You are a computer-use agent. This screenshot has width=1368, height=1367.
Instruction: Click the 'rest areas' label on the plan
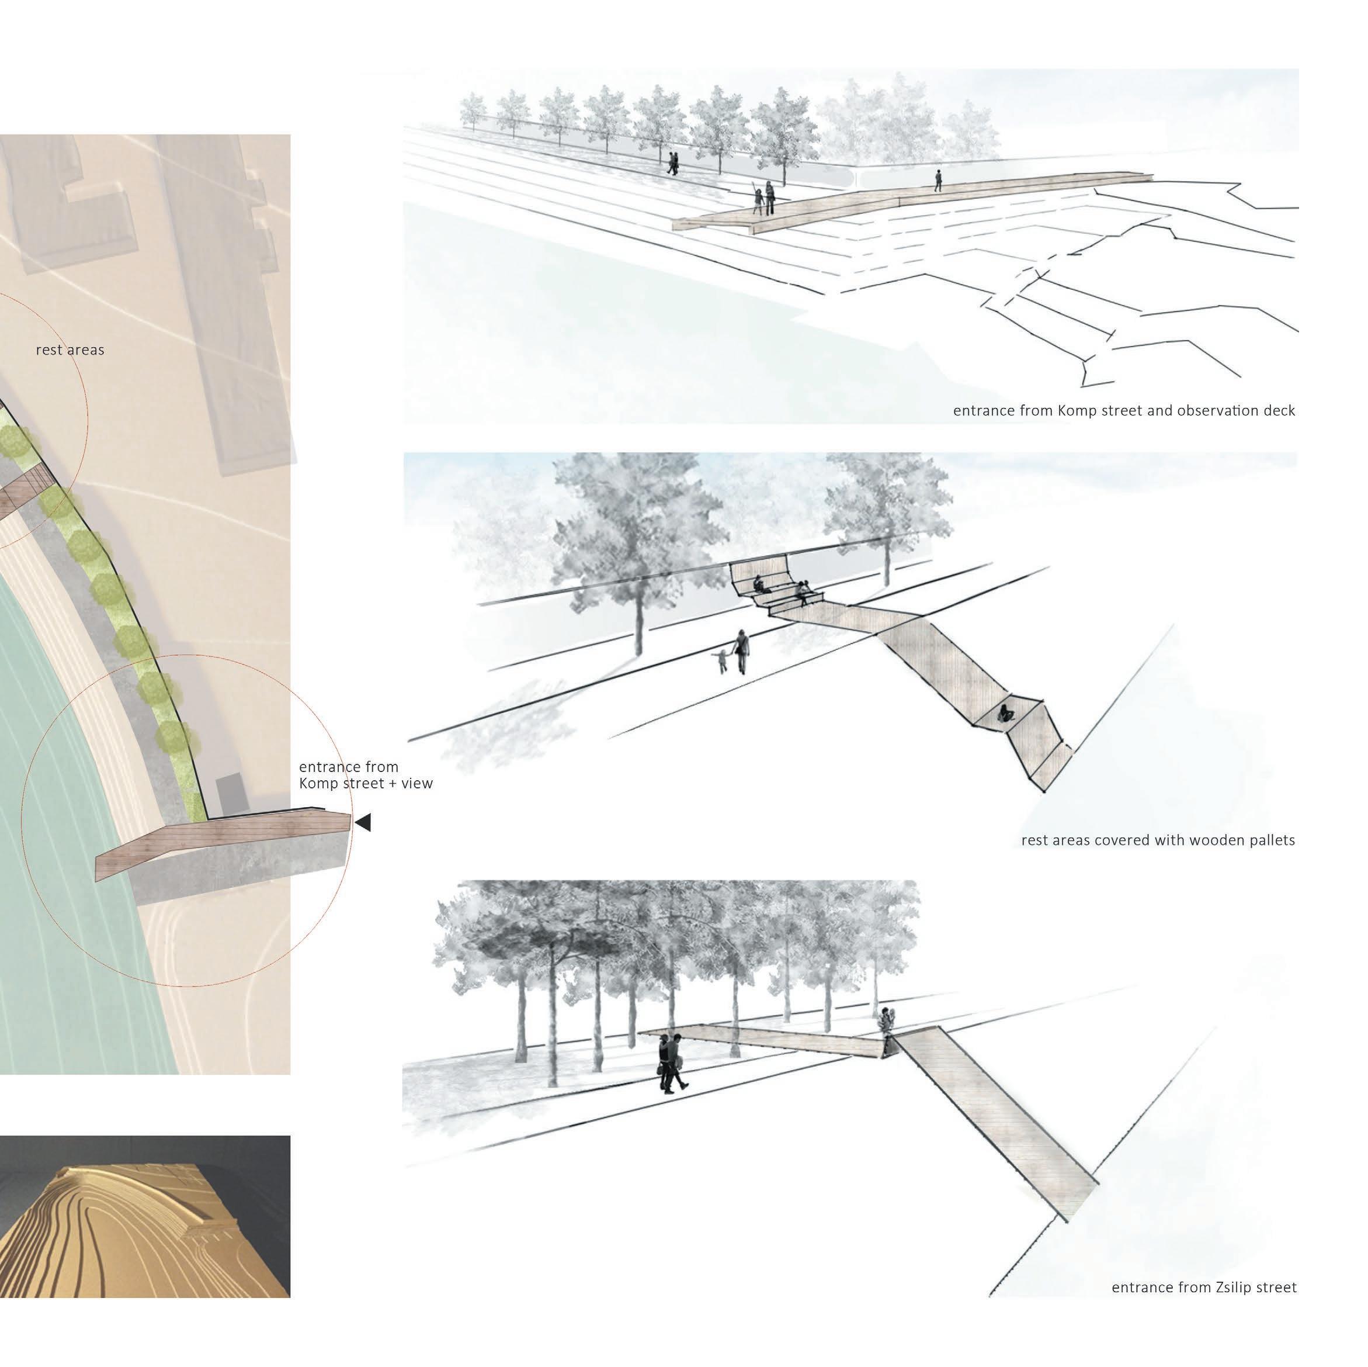pyautogui.click(x=70, y=350)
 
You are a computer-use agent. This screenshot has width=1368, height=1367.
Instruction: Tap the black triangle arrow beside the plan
pyautogui.click(x=363, y=823)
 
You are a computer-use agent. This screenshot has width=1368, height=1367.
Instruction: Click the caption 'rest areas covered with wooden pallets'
pyautogui.click(x=1158, y=841)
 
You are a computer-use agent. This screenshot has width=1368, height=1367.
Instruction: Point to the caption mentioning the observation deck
pyautogui.click(x=1124, y=411)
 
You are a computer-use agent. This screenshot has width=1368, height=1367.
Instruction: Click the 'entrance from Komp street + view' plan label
pyautogui.click(x=366, y=776)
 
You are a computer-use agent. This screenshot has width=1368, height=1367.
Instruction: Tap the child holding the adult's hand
pyautogui.click(x=721, y=662)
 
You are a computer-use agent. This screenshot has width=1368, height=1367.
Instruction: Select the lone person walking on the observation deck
pyautogui.click(x=938, y=181)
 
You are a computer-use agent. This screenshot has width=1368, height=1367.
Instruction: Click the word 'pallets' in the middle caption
pyautogui.click(x=1269, y=841)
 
